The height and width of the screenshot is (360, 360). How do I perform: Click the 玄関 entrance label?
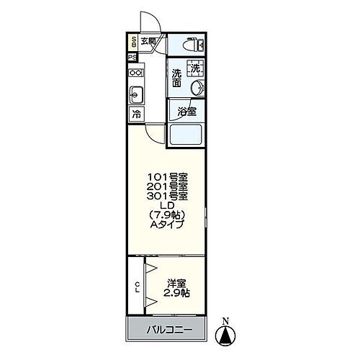pyautogui.click(x=148, y=41)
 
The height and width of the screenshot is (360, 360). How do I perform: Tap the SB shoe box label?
pyautogui.click(x=134, y=42)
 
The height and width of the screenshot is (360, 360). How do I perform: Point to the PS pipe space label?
pyautogui.click(x=133, y=58)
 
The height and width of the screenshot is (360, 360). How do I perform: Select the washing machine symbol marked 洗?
pyautogui.click(x=196, y=69)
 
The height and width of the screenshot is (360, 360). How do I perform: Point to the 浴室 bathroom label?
pyautogui.click(x=186, y=112)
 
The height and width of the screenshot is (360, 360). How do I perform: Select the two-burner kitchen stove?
pyautogui.click(x=135, y=73)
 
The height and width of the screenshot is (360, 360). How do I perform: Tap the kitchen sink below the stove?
pyautogui.click(x=135, y=94)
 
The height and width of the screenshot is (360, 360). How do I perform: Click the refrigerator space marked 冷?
pyautogui.click(x=135, y=114)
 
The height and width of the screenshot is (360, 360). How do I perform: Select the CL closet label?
pyautogui.click(x=137, y=287)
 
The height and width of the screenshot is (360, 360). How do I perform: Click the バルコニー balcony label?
pyautogui.click(x=170, y=330)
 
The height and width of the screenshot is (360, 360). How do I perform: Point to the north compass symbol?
pyautogui.click(x=226, y=333)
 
